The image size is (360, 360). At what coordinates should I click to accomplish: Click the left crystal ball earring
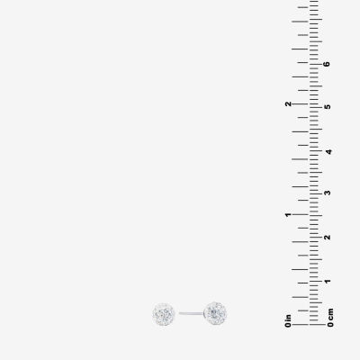164,314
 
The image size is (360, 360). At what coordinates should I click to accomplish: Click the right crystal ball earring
215,313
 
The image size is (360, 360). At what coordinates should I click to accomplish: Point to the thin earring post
191,313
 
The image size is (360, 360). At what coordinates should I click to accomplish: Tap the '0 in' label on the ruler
288,320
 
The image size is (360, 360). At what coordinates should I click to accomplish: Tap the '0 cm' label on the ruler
330,318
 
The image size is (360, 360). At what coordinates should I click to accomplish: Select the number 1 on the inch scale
288,214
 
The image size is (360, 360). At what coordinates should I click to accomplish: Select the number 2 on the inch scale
288,103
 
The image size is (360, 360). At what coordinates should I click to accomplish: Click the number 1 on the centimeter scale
328,282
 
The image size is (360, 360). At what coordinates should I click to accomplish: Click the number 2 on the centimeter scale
328,238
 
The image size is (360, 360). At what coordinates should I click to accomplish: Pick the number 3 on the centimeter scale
328,193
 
